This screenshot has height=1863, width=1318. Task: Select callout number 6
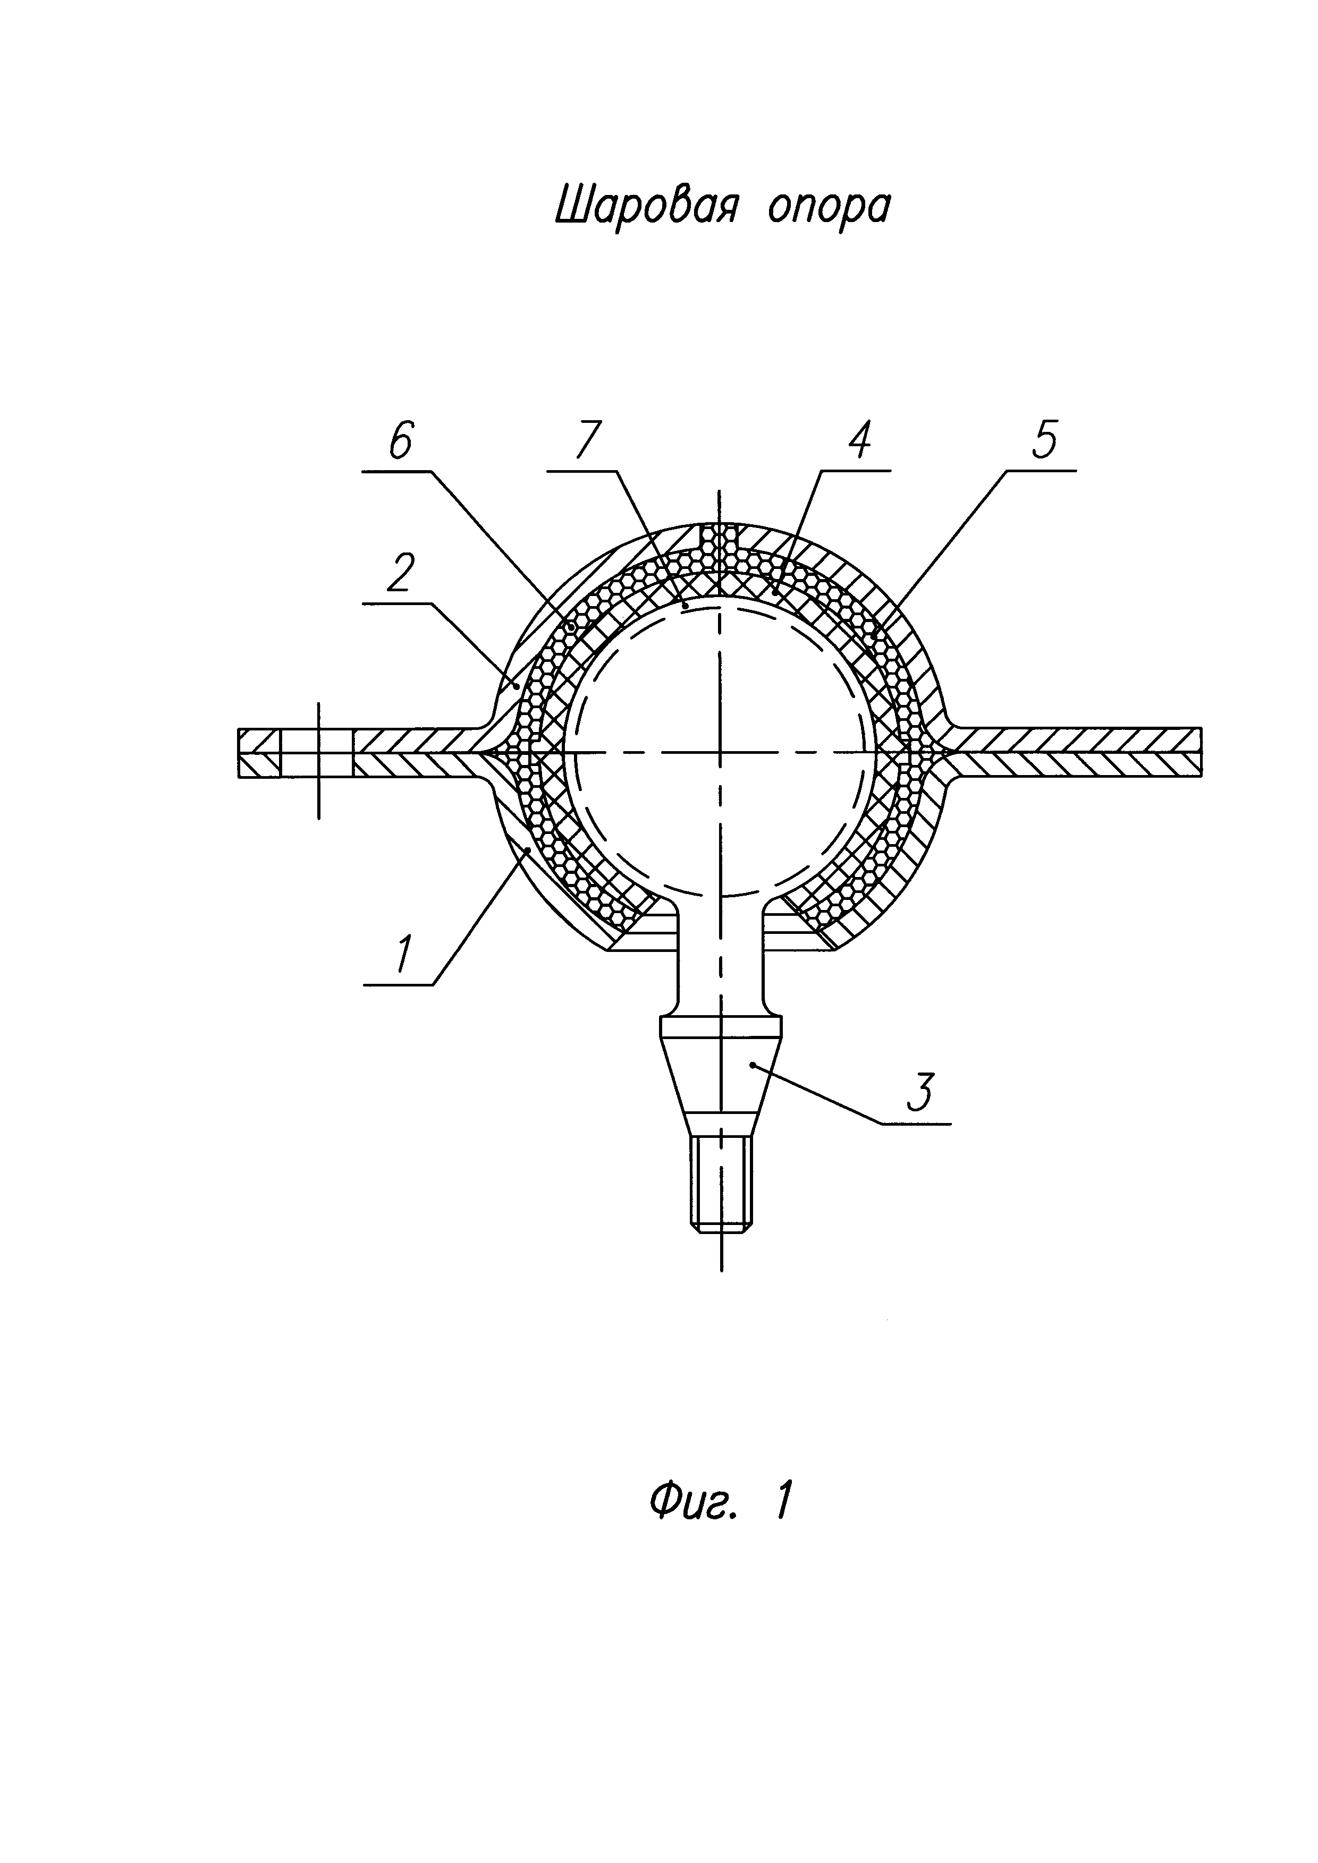click(x=401, y=441)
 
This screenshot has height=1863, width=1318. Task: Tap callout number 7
click(x=587, y=441)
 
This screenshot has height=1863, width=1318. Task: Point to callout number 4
click(x=859, y=441)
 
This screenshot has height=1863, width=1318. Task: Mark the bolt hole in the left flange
click(x=317, y=753)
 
